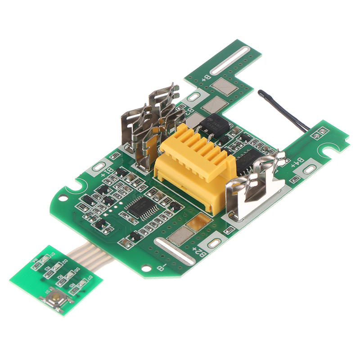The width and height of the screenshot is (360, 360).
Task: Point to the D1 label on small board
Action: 53,255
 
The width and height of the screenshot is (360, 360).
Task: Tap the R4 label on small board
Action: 34,260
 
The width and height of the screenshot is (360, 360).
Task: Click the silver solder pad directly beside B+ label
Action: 224,85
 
